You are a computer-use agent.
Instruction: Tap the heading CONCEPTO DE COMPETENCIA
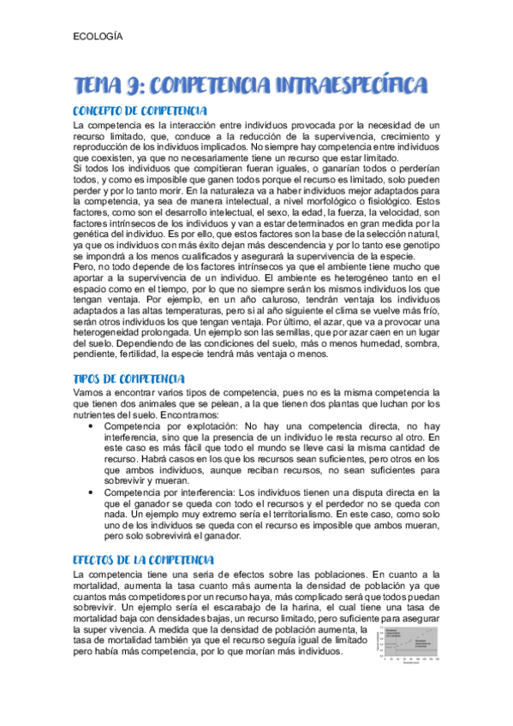pos(140,111)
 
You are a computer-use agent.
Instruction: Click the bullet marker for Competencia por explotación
pos(91,425)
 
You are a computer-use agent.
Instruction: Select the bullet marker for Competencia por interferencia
pos(91,492)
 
